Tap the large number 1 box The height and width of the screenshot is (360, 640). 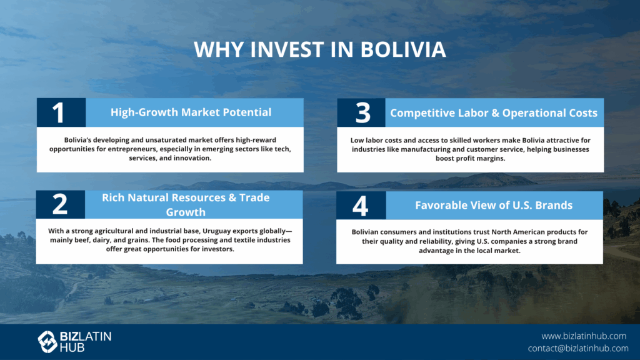point(61,112)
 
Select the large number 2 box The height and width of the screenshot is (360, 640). point(61,204)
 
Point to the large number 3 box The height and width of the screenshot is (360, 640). point(361,112)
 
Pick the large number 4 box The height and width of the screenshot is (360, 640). point(361,205)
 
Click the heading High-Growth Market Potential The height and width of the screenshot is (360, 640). point(191,112)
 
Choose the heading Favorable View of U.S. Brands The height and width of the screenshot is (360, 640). point(494,205)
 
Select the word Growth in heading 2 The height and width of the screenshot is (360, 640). point(186,212)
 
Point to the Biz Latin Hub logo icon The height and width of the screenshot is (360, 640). point(47,342)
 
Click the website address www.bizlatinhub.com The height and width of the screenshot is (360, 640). point(584,336)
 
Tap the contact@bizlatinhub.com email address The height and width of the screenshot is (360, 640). point(578,348)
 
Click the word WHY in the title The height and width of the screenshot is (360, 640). point(218,49)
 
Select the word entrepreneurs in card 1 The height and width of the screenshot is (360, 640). point(132,149)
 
